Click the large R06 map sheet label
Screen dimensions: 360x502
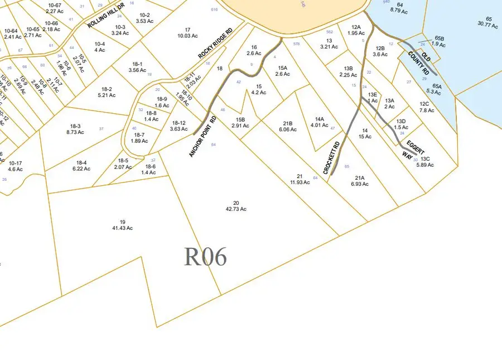205,257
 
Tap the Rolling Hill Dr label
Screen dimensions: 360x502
104,17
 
